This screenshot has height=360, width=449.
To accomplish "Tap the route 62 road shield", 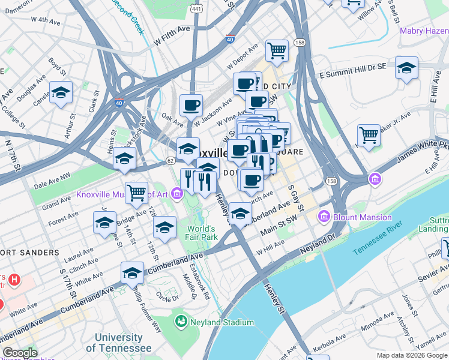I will (170, 160).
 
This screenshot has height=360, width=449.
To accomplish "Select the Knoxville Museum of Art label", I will (123, 194).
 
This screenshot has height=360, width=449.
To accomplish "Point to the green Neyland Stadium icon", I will (180, 322).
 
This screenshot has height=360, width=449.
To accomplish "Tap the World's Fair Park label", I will (200, 233).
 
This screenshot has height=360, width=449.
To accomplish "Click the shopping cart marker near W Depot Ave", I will (277, 50).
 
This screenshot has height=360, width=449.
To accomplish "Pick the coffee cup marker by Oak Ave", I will (191, 105).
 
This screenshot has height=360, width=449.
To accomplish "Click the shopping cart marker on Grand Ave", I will (136, 193).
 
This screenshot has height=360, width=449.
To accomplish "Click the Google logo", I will (19, 353).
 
